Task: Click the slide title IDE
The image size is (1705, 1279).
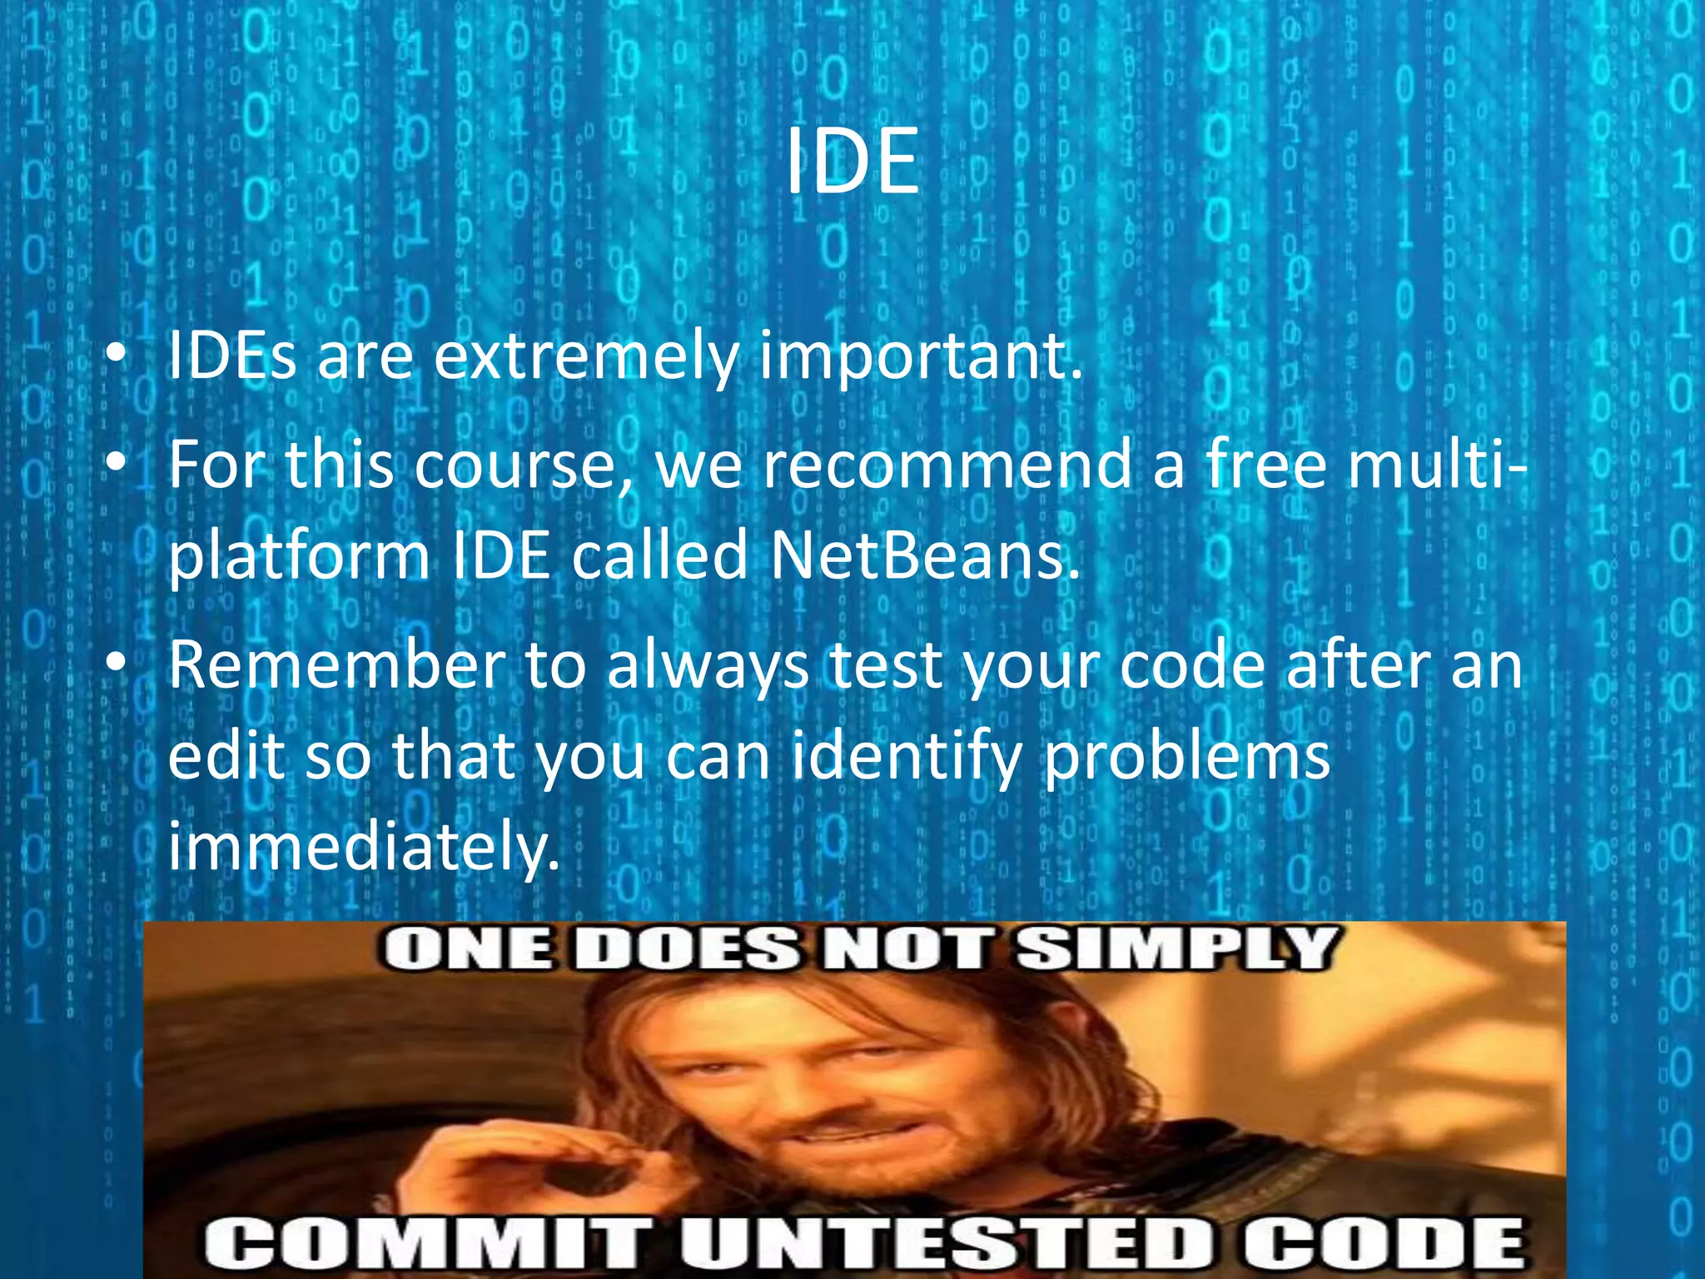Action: click(x=852, y=163)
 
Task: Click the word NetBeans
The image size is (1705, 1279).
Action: click(x=924, y=556)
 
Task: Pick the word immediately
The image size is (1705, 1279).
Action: click(x=363, y=846)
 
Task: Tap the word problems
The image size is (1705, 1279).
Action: click(x=1186, y=756)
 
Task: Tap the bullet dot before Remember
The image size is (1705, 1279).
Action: click(x=116, y=664)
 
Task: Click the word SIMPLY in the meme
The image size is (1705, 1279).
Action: click(x=1174, y=949)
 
